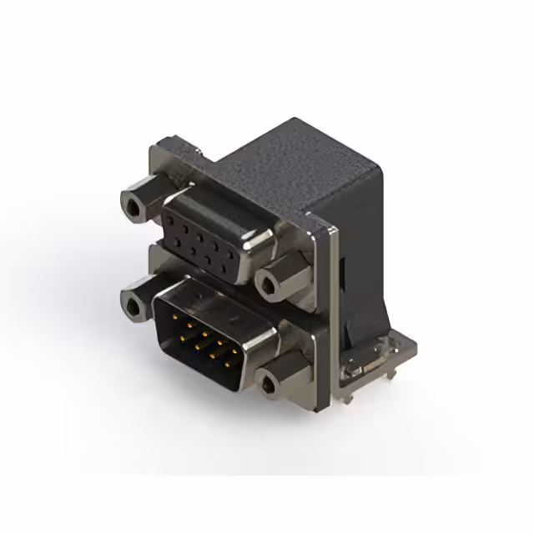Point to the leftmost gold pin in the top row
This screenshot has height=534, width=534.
pos(173,318)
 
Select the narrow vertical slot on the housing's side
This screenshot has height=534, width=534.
pos(344,275)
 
